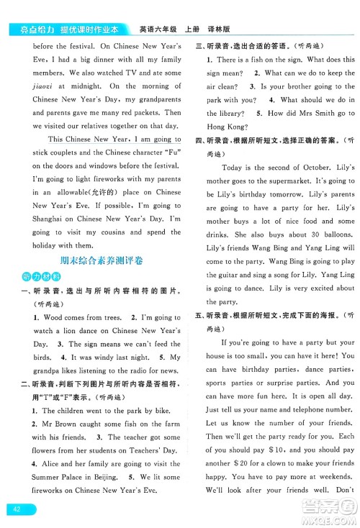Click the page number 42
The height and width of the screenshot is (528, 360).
17,509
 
